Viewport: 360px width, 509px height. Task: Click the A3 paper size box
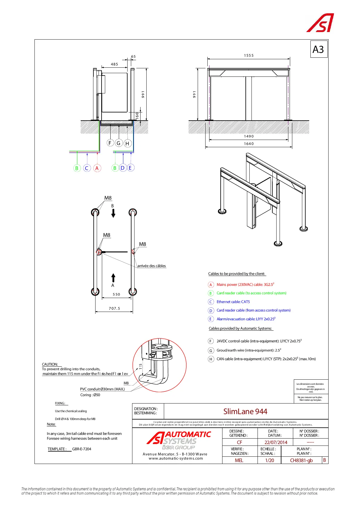coord(319,49)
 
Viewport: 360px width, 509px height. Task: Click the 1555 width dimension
coord(249,55)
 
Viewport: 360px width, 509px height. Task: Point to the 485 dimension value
coord(114,64)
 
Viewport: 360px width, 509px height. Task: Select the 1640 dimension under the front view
coord(249,144)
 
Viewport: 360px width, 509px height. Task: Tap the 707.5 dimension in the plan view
coord(114,308)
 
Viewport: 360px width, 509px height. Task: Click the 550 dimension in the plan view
coord(116,294)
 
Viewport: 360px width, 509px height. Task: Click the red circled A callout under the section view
coord(97,168)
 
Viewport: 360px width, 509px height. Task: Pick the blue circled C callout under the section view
coord(87,168)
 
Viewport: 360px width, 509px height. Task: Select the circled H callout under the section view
coord(127,144)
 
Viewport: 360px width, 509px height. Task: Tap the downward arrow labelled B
coord(113,213)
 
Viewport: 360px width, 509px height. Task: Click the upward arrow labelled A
coord(113,278)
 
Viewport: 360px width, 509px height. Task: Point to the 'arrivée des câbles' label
coord(151,266)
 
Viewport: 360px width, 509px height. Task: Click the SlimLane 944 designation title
coord(245,411)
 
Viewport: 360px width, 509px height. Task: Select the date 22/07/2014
coord(276,442)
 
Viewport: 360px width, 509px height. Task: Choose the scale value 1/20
coord(269,460)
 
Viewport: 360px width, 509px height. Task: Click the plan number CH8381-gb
coord(301,460)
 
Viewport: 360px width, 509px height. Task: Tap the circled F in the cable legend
coord(211,341)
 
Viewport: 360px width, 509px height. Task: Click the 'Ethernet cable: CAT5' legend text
coord(233,302)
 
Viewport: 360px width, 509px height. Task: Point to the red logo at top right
coord(320,23)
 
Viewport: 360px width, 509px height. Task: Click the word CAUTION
coord(50,364)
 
